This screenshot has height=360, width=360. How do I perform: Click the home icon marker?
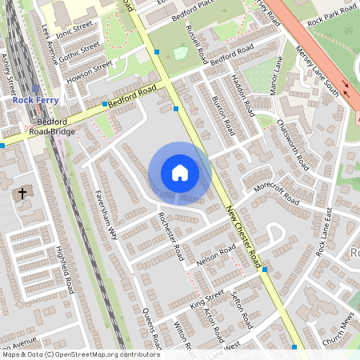click(x=180, y=173)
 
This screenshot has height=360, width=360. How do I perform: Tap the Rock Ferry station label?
click(x=34, y=101)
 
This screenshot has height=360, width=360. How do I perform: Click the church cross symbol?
click(x=22, y=194)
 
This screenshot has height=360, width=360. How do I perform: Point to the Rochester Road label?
click(x=171, y=235)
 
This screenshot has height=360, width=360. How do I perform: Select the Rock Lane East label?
click(x=323, y=232)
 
